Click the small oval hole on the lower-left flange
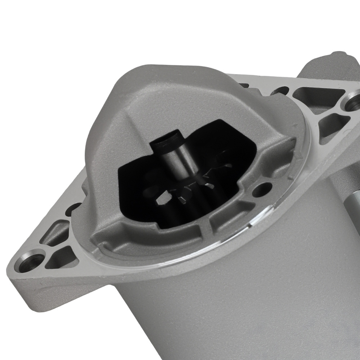tap(74, 208)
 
